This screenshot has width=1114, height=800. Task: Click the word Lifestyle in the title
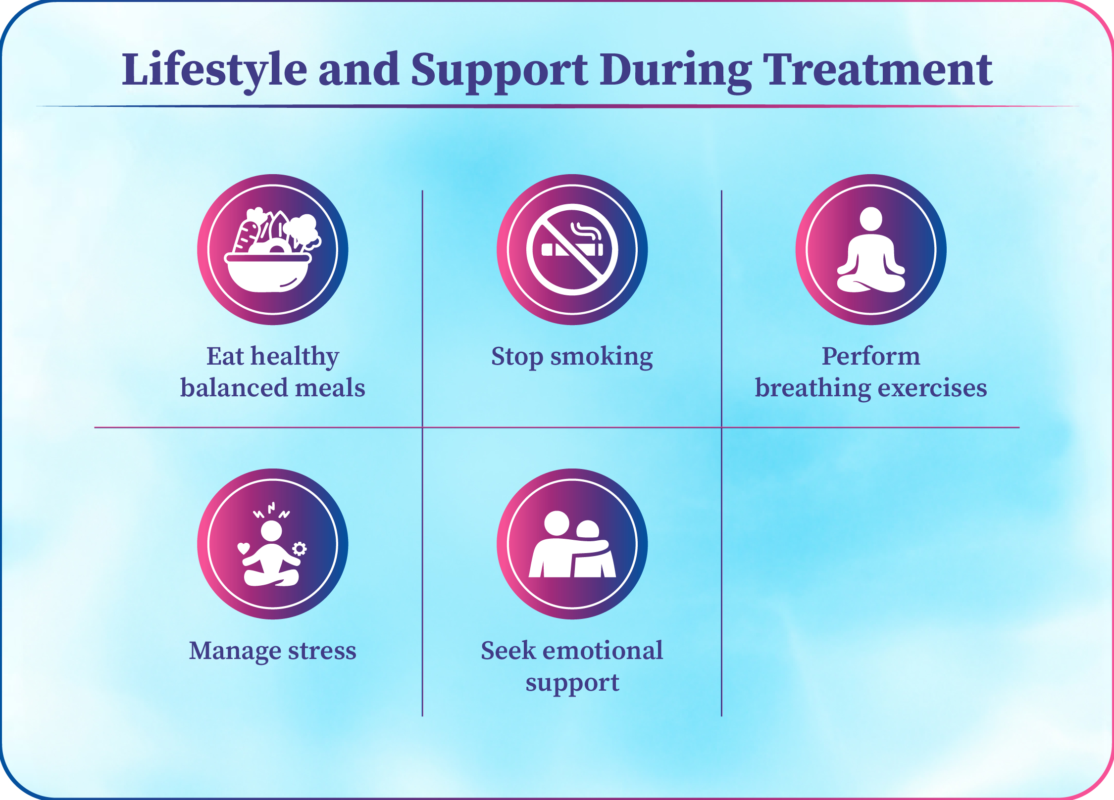click(x=214, y=70)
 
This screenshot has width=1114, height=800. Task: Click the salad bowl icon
click(x=272, y=249)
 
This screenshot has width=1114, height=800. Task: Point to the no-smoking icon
click(x=572, y=249)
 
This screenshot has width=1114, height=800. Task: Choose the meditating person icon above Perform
click(x=871, y=249)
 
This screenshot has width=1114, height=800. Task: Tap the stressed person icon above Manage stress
click(x=272, y=544)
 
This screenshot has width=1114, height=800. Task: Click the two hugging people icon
click(x=572, y=544)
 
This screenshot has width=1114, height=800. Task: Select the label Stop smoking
click(x=572, y=357)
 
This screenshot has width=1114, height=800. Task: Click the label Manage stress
click(x=272, y=651)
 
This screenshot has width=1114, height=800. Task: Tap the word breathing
click(x=812, y=388)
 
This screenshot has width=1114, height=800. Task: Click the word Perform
click(x=871, y=356)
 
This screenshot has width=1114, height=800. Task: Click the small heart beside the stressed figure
click(x=244, y=548)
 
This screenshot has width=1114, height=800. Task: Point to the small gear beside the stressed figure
click(x=300, y=549)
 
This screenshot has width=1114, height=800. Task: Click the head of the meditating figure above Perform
click(x=871, y=219)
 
